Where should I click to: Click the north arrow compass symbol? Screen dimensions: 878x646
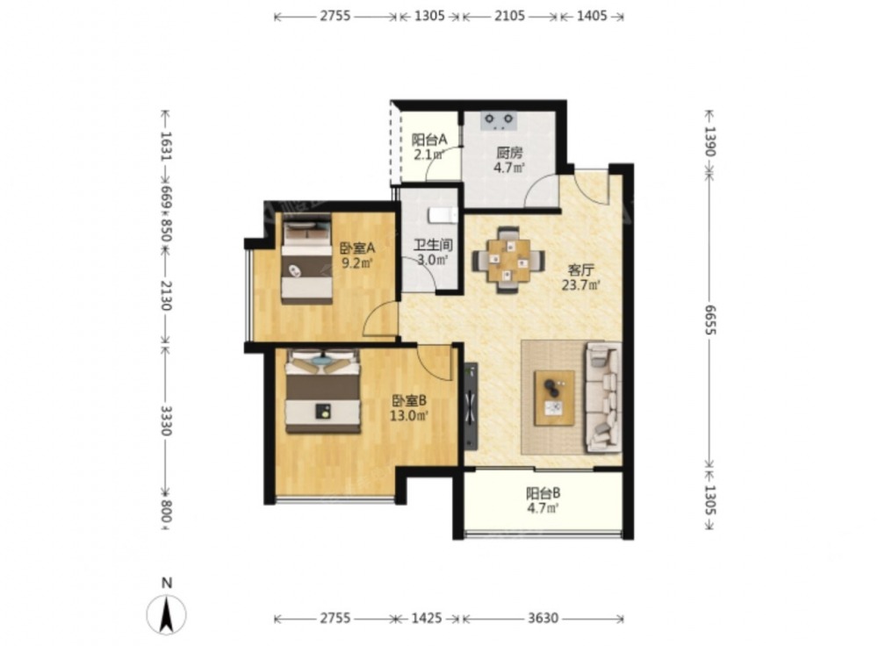click(166, 614)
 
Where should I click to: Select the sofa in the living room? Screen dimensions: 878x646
click(602, 398)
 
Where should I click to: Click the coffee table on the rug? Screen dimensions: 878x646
click(554, 398)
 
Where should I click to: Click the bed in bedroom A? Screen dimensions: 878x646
click(306, 262)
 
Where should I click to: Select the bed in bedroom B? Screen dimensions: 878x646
click(322, 391)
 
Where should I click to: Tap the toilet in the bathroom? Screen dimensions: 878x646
click(443, 215)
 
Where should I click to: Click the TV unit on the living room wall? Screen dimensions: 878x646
click(471, 406)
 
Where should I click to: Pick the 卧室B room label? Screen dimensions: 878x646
click(409, 401)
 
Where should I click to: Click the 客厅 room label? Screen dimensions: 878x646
click(580, 270)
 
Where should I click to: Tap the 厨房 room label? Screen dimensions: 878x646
click(509, 152)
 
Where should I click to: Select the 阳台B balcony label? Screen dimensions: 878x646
click(543, 494)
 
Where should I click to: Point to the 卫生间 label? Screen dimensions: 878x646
click(433, 245)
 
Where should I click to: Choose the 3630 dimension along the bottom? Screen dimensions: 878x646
click(543, 619)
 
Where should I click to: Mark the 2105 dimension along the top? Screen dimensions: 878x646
click(509, 16)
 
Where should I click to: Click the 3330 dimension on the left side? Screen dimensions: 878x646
click(166, 420)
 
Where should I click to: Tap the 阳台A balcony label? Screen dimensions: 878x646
click(429, 140)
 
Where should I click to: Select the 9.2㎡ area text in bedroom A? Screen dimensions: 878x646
click(357, 262)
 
